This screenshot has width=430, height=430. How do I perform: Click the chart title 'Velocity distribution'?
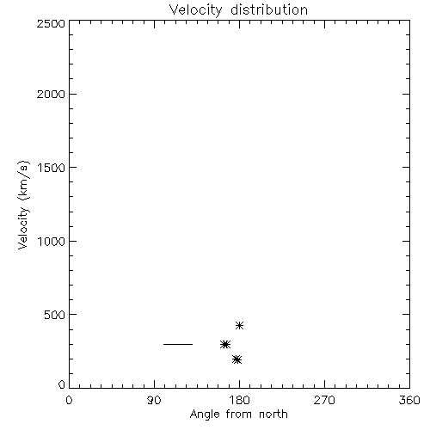pos(238,10)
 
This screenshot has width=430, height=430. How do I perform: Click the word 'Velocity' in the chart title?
pos(196,10)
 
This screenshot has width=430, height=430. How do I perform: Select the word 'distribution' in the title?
pos(269,9)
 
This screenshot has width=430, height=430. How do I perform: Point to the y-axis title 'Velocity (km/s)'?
pos(23,205)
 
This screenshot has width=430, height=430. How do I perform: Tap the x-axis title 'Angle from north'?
pos(238,415)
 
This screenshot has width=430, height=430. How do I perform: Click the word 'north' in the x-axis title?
pos(273,414)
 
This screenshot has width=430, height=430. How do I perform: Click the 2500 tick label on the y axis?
pos(51,23)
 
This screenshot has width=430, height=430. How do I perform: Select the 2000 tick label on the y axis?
pos(51,94)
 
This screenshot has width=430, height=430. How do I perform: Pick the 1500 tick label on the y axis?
pos(52,168)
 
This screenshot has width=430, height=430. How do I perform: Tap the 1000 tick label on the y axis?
pos(52,242)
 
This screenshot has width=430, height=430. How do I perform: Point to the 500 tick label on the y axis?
pos(55,315)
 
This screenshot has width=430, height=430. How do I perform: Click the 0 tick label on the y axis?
pos(62,384)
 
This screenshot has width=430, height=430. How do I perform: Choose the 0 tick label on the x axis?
pos(69,400)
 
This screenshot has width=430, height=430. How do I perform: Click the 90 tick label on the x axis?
pos(154,400)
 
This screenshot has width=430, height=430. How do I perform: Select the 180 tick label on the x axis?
pos(239,400)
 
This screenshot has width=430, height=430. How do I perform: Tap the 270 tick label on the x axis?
pos(324,400)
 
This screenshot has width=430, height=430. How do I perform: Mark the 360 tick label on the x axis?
pos(409,400)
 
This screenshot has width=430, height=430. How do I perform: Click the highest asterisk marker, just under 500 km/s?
pos(239,325)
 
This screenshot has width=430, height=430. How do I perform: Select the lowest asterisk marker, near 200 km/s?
pos(237,359)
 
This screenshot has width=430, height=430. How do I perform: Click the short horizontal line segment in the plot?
pos(178,344)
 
